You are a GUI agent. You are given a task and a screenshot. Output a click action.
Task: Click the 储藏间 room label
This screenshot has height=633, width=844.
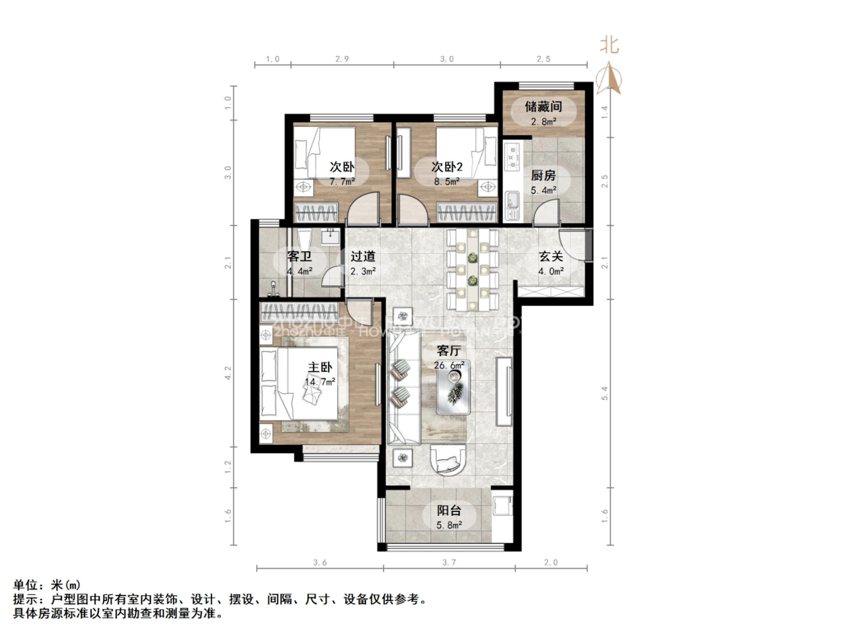click(x=543, y=106)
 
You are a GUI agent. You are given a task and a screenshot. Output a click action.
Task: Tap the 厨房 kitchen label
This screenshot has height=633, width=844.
click(x=543, y=176)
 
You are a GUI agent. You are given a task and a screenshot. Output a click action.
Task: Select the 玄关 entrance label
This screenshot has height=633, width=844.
click(x=551, y=256)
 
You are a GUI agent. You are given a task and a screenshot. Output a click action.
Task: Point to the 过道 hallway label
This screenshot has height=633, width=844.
click(x=363, y=256)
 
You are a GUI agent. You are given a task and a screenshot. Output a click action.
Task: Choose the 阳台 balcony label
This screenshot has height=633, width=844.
click(x=448, y=510)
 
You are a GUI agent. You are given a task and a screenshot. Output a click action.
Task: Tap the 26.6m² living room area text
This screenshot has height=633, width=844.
click(x=449, y=365)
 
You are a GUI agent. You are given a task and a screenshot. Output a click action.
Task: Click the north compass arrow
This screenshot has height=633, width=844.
click(x=610, y=77)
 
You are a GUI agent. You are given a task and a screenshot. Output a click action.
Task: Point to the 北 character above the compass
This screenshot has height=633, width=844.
click(x=609, y=45)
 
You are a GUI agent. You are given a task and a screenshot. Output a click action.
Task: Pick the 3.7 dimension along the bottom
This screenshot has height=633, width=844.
click(x=448, y=562)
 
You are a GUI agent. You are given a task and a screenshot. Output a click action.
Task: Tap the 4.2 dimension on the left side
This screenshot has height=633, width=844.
click(x=228, y=373)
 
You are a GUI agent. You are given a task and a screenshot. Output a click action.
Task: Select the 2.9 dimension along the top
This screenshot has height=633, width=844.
click(x=343, y=59)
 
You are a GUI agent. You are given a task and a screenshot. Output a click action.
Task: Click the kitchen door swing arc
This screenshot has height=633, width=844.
click(x=546, y=214)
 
